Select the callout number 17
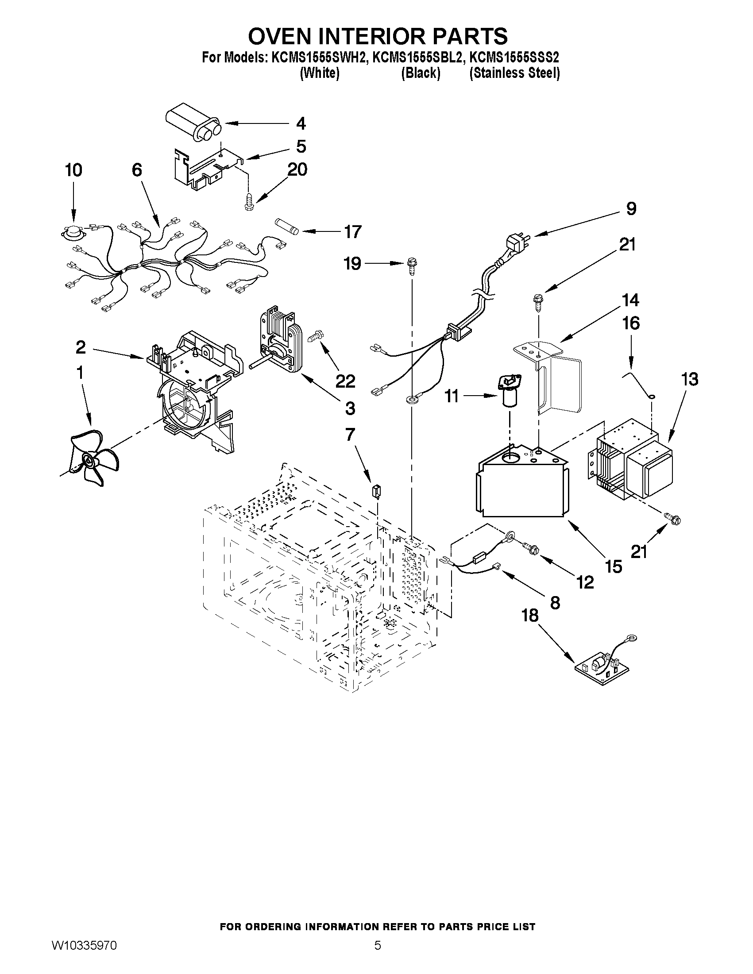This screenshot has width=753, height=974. pyautogui.click(x=352, y=232)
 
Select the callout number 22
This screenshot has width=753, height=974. pyautogui.click(x=345, y=381)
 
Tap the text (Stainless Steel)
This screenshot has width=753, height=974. pyautogui.click(x=514, y=73)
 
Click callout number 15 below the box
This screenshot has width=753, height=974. pyautogui.click(x=613, y=566)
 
